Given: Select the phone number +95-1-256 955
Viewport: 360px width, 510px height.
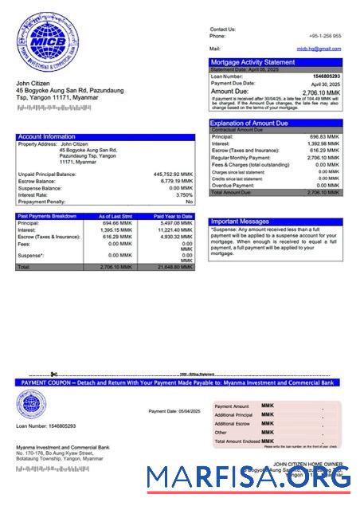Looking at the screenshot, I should click(325, 36).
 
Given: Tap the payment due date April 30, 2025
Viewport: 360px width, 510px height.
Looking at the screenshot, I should click(326, 84).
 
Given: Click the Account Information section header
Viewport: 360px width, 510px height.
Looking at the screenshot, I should click(47, 137).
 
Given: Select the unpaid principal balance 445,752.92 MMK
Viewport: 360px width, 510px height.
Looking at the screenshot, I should click(173, 174).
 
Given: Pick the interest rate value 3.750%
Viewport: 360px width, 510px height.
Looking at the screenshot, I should click(184, 194).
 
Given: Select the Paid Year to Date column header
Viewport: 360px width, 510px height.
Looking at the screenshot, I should click(174, 216).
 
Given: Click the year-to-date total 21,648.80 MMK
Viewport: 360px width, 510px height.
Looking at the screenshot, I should click(175, 267).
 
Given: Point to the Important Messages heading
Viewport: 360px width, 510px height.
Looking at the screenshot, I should click(240, 222).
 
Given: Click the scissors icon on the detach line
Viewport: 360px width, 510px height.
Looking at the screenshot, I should click(53, 374).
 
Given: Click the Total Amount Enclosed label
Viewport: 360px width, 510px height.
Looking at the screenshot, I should click(237, 441).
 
